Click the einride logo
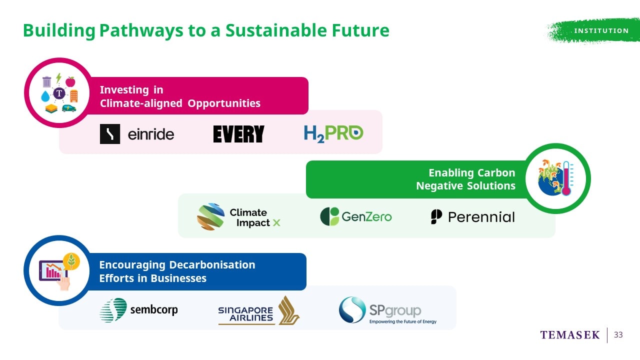[137, 134]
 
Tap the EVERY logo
[239, 134]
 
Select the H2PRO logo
[333, 133]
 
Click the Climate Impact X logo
[238, 217]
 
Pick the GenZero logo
[355, 216]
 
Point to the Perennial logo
[473, 217]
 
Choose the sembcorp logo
[138, 310]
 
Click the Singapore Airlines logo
[258, 311]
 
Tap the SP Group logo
[387, 310]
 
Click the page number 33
[618, 334]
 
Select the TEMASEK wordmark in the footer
[570, 335]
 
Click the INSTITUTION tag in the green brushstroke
[601, 30]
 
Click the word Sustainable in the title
[276, 30]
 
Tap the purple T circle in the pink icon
[59, 93]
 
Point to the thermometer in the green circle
[566, 178]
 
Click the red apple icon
[70, 81]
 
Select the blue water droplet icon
[45, 96]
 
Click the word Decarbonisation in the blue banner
[212, 265]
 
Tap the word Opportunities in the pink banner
[224, 103]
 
